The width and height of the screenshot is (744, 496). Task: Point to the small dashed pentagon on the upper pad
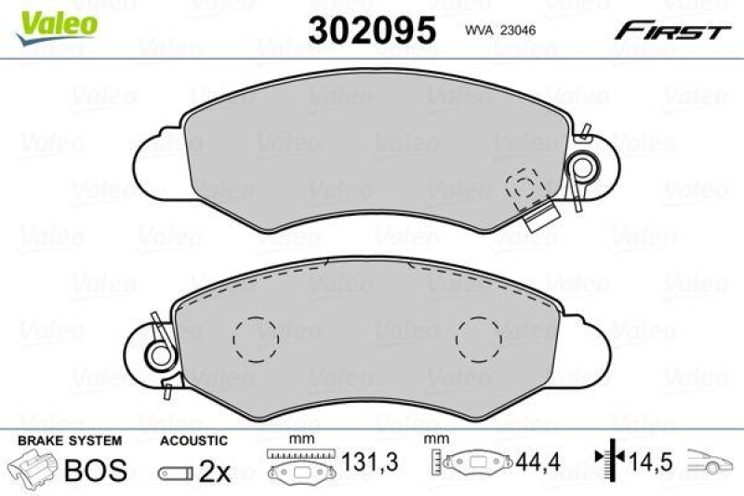[524, 185]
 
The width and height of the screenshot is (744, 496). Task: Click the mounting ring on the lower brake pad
[158, 354]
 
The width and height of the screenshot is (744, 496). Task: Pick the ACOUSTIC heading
[193, 440]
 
